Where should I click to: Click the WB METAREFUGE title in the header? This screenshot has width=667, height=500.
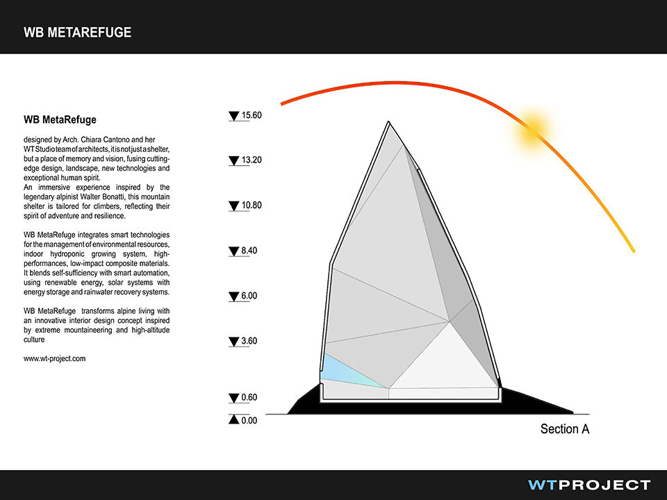[x=77, y=33]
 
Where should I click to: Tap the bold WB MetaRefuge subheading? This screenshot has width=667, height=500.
[x=60, y=119]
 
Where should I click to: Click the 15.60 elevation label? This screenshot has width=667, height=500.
[x=252, y=115]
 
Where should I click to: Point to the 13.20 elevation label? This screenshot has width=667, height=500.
[x=252, y=160]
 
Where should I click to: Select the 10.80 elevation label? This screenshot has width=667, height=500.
[x=252, y=206]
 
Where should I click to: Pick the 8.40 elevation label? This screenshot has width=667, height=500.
[x=249, y=251]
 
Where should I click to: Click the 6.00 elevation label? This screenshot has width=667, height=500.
[x=249, y=296]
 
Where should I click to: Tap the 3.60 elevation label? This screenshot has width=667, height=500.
[x=249, y=341]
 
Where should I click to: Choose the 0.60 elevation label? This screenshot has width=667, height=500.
[x=249, y=397]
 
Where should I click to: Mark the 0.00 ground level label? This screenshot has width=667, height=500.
[x=249, y=421]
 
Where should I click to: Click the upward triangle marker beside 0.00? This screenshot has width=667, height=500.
[x=233, y=419]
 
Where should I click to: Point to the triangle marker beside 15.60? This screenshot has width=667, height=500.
[x=233, y=116]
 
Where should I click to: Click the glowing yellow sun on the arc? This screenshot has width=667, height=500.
[x=532, y=129]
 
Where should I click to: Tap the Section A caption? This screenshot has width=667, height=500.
[x=565, y=429]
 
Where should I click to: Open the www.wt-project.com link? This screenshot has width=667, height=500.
[x=54, y=358]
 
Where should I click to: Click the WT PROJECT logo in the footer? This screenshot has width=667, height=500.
[x=589, y=485]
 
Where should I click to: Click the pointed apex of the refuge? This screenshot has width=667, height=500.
[x=389, y=122]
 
